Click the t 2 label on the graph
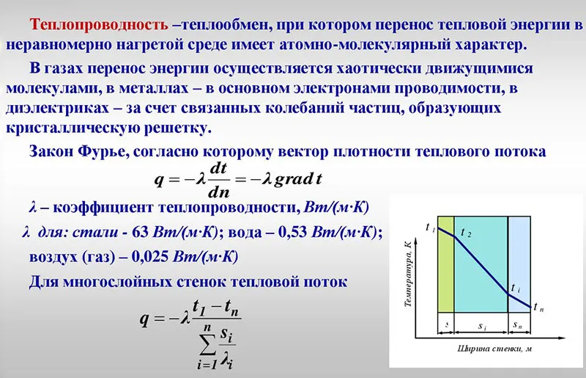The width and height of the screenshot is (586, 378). tap(466, 233)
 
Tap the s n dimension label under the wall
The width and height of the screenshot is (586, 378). tap(518, 324)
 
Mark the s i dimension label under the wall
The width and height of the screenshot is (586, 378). tap(480, 324)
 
